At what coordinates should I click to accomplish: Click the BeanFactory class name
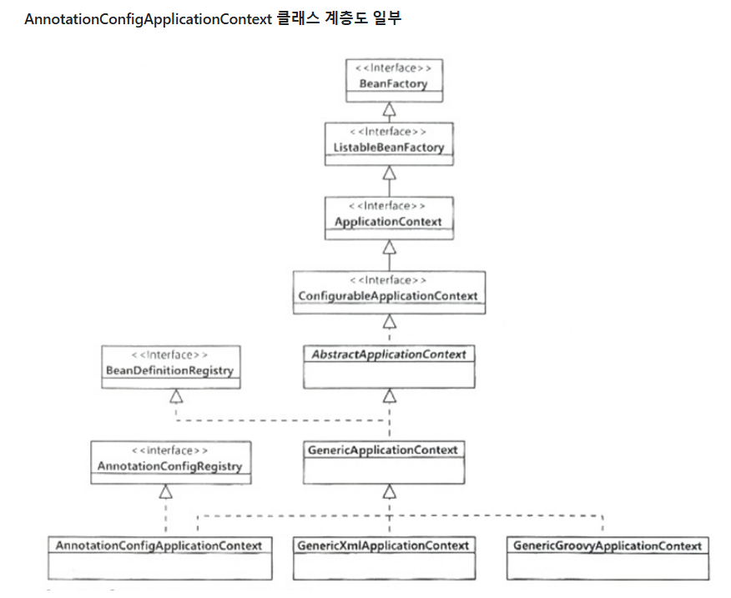393,84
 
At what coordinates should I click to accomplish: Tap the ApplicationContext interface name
389,222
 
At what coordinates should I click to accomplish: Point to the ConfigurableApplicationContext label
388,296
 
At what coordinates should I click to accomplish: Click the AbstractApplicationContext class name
389,354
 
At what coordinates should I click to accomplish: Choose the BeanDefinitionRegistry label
169,370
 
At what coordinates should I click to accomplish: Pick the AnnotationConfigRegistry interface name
169,466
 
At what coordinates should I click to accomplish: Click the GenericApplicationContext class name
383,450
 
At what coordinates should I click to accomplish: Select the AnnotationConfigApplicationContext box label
159,545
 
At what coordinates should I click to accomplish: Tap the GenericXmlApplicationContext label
383,545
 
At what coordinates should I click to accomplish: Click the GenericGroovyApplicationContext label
607,545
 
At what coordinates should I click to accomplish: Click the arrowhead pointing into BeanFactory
389,109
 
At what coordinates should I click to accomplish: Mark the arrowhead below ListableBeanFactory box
389,173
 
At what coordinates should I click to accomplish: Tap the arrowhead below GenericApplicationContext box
389,492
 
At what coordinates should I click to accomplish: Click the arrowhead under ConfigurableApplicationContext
389,322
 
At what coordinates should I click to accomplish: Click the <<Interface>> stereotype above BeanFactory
393,68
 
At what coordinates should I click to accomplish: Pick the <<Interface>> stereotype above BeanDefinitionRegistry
169,354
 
